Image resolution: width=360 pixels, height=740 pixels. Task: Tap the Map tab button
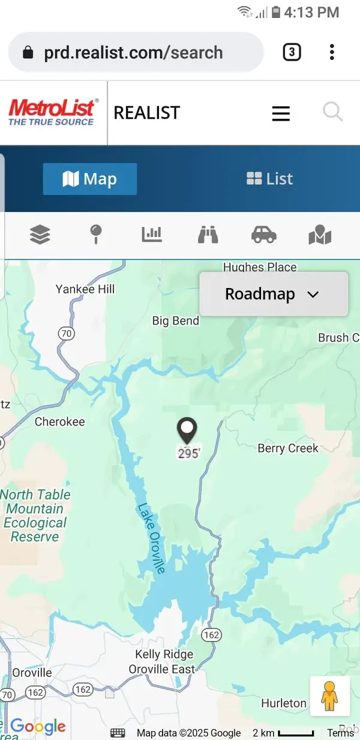90,179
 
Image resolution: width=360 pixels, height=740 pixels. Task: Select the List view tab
270,179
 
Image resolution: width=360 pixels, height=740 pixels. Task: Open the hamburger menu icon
281,113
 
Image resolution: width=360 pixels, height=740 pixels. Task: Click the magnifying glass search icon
332,112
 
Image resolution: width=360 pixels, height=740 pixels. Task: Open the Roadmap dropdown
273,294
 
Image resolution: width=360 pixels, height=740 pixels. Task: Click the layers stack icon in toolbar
40,235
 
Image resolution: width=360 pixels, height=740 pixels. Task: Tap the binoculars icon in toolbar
208,235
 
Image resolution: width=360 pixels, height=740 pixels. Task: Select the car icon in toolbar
263,235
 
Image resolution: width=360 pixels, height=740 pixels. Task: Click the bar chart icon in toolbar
152,235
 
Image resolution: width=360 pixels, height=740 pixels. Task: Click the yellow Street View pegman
329,696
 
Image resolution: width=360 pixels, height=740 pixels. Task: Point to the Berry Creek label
288,448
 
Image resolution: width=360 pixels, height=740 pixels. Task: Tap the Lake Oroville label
151,538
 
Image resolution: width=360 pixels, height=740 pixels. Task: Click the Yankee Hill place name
85,289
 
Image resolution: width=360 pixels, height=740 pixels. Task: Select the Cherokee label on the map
60,422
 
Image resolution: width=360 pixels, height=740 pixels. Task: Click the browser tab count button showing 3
291,52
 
